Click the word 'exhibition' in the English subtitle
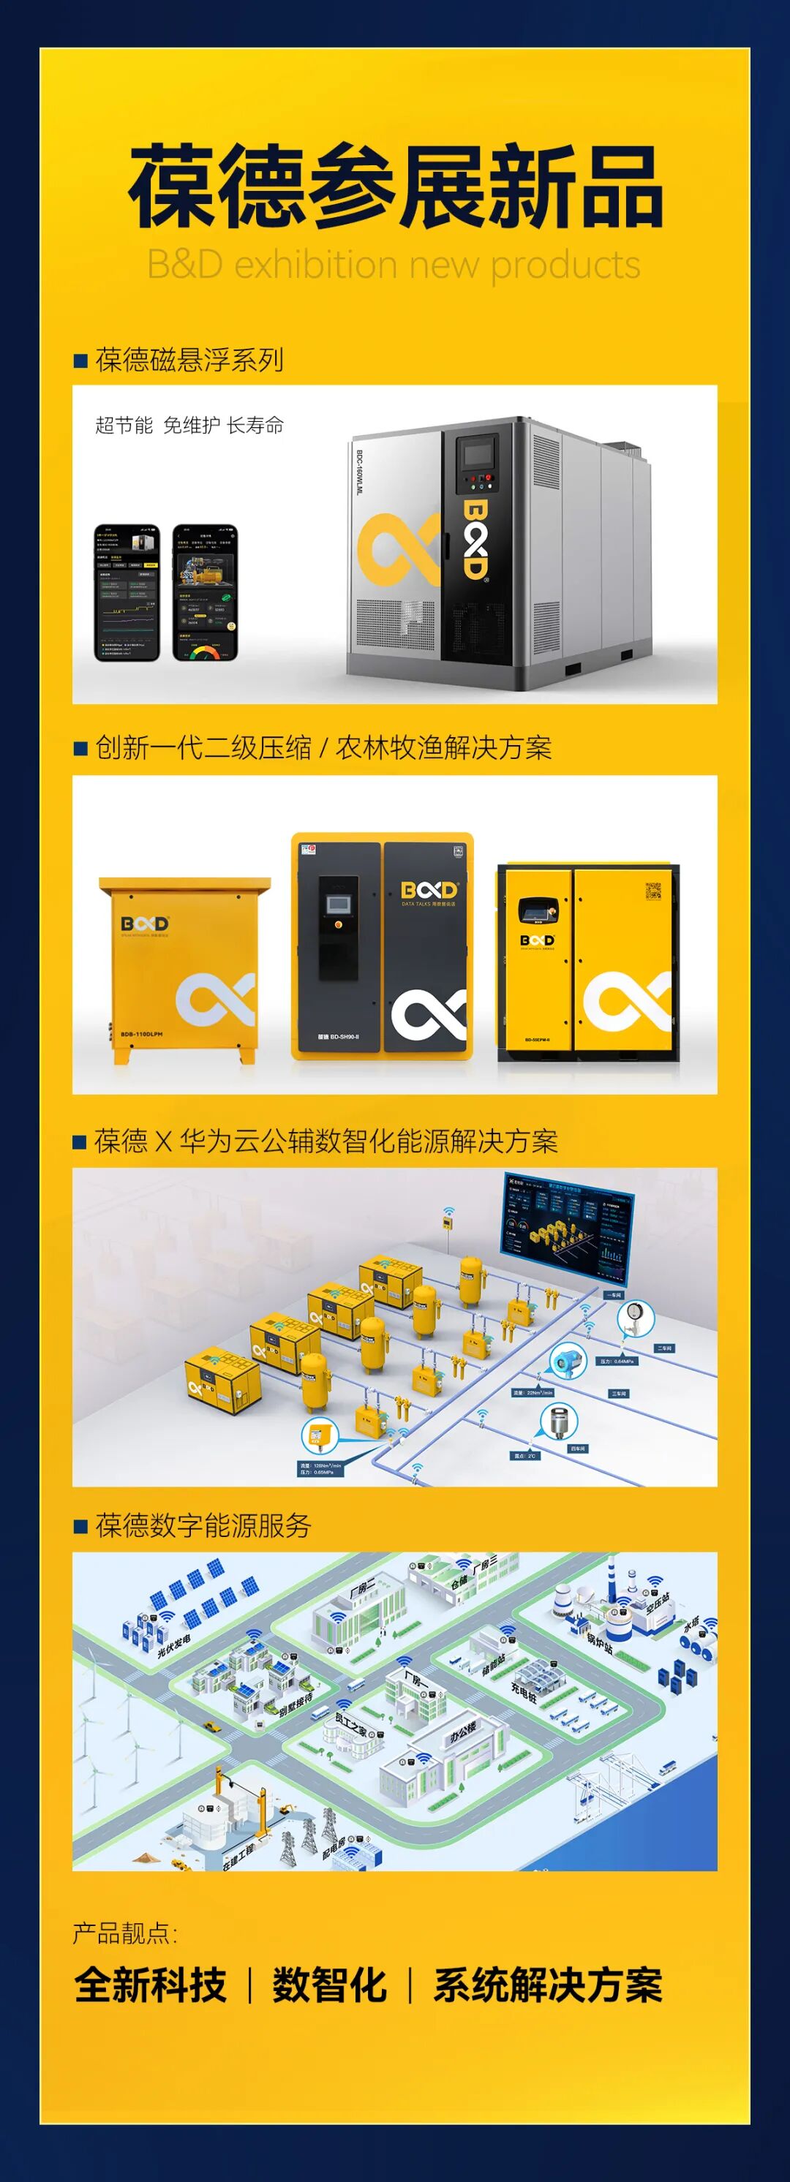315,265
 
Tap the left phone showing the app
127,592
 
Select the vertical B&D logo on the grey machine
475,539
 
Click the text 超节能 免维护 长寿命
189,426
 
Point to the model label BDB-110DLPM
142,1034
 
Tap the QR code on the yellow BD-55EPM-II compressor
652,891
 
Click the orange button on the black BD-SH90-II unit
338,924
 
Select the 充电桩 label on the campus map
524,1694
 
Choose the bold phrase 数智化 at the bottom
329,1986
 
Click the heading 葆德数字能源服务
203,1526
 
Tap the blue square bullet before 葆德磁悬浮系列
81,360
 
